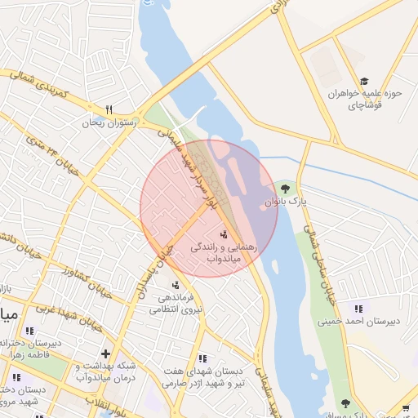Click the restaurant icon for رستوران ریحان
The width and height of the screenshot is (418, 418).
[x=108, y=109]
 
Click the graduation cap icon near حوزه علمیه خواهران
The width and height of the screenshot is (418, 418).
[x=364, y=81]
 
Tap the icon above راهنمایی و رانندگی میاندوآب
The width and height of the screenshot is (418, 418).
[x=224, y=235]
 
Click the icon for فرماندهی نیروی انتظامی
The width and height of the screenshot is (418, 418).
[x=176, y=285]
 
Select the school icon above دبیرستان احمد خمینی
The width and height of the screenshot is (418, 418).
[x=358, y=308]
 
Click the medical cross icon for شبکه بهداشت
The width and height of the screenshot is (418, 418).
[x=105, y=354]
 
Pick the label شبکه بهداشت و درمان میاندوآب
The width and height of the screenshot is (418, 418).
[x=106, y=372]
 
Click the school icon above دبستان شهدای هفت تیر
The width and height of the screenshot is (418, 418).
[x=202, y=358]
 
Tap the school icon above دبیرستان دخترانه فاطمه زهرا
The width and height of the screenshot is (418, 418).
[x=30, y=331]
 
